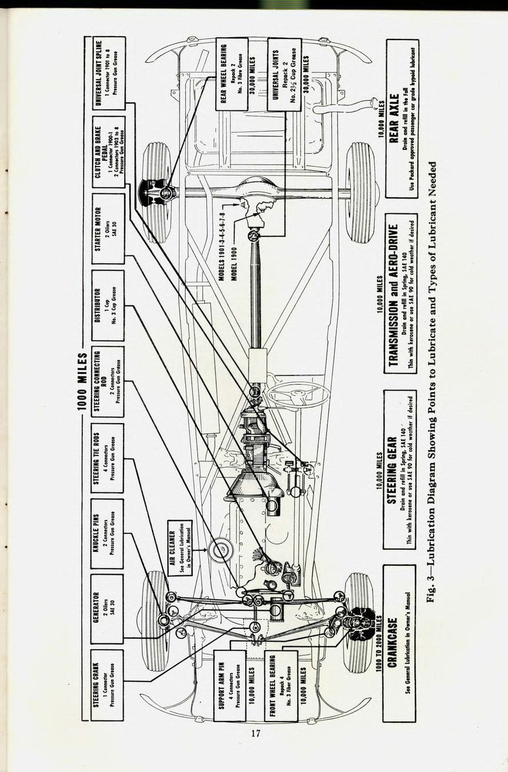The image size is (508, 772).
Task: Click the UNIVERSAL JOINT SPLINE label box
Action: pyautogui.click(x=108, y=73)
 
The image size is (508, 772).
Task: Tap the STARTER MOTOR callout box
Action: pyautogui.click(x=108, y=229)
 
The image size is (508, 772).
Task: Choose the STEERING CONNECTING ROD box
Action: pyautogui.click(x=108, y=381)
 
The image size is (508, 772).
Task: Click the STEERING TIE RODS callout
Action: pyautogui.click(x=108, y=457)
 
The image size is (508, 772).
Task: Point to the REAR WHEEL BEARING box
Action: pyautogui.click(x=232, y=74)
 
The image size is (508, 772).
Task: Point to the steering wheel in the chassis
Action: pyautogui.click(x=298, y=393)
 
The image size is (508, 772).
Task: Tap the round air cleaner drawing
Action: pyautogui.click(x=220, y=551)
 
